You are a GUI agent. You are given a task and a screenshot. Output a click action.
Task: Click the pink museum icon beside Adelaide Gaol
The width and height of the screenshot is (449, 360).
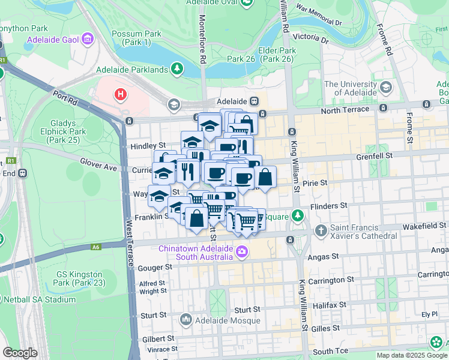(88, 40)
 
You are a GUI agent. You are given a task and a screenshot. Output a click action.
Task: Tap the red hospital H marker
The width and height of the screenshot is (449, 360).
(121, 94)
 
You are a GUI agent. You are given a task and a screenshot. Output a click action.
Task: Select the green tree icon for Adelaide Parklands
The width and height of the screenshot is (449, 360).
(176, 70)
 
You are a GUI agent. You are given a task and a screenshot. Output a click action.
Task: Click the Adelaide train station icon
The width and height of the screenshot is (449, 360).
(255, 101)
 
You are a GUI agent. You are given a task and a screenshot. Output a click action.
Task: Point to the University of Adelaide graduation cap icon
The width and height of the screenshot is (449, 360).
(385, 88)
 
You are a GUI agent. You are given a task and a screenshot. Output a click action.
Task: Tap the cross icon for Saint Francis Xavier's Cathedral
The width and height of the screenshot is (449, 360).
(321, 230)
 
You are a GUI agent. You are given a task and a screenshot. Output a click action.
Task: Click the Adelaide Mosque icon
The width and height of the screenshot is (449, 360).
(185, 319)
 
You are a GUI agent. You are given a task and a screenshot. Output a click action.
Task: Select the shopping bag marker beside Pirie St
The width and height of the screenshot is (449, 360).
(264, 178)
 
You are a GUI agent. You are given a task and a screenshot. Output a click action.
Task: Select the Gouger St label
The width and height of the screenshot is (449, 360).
(154, 268)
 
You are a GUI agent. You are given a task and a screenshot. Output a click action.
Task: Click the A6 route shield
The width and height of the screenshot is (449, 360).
(96, 247)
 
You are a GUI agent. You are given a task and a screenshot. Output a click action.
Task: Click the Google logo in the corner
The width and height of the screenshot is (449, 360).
(20, 353)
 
